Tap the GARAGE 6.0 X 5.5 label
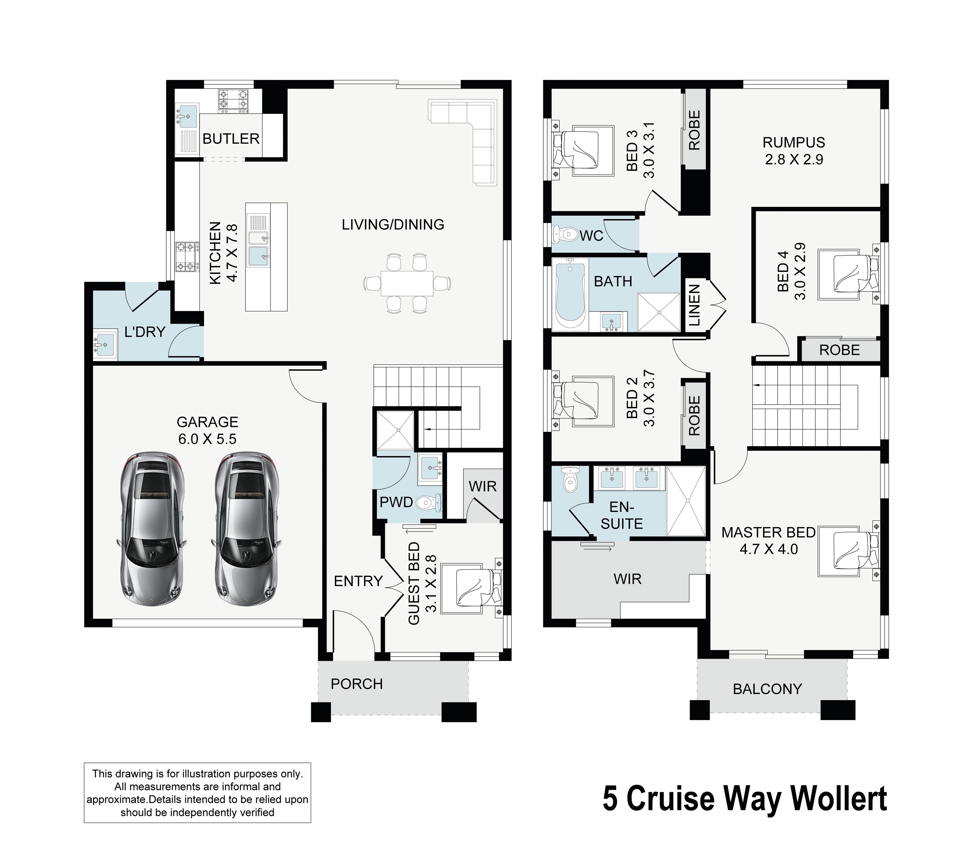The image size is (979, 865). [x=207, y=430]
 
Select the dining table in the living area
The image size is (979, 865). [x=407, y=283]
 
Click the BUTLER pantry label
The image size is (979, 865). [x=231, y=139]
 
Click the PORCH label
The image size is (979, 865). [x=357, y=684]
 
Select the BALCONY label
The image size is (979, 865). [x=767, y=689]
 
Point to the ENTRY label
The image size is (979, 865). [x=358, y=581]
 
